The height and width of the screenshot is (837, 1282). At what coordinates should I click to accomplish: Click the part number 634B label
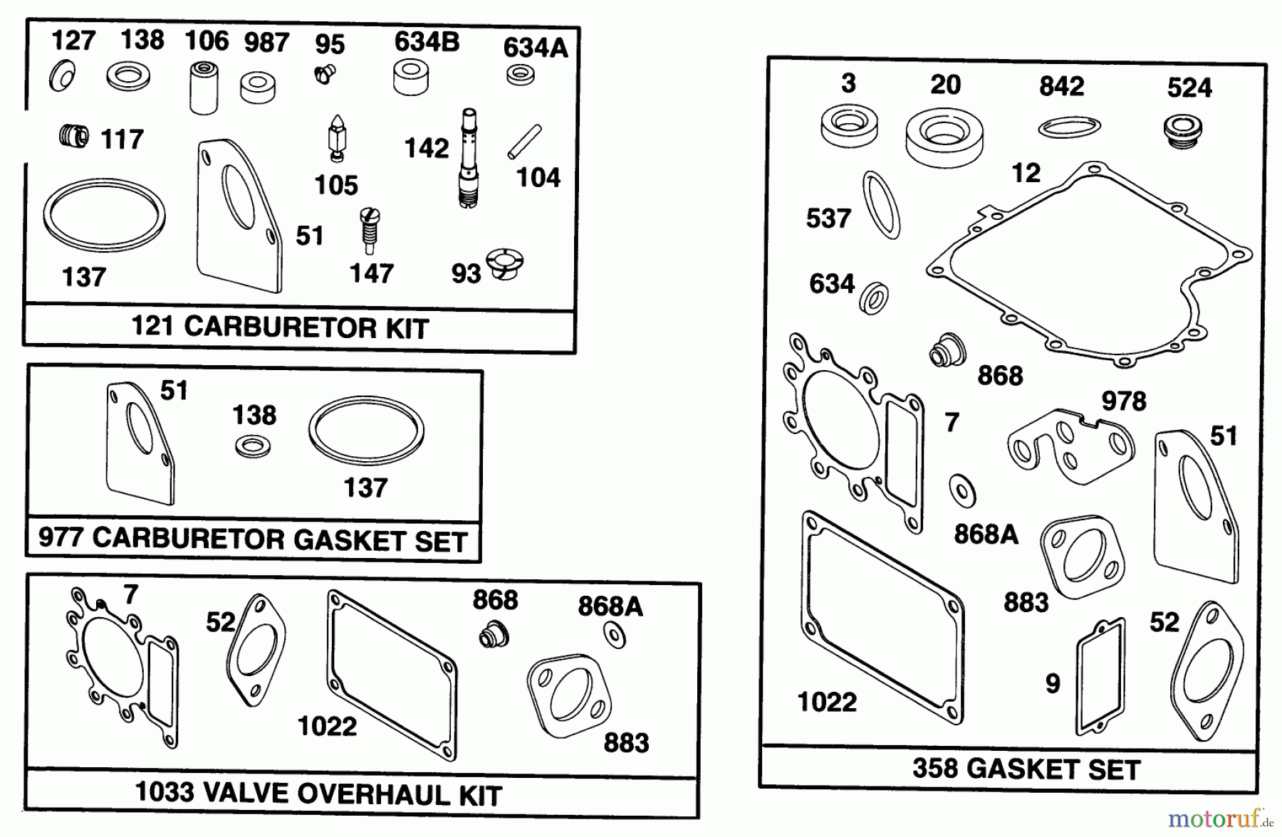(x=427, y=42)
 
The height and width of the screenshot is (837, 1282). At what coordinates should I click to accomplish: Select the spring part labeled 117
(x=74, y=135)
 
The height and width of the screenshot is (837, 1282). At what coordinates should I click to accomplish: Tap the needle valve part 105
(x=335, y=137)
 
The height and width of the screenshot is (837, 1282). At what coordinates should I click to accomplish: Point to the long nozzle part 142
(x=468, y=158)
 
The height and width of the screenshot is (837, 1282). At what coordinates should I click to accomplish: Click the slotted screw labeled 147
(x=370, y=229)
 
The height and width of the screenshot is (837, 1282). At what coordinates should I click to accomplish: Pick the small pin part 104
(x=524, y=142)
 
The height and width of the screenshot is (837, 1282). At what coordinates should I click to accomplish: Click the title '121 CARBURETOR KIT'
(x=280, y=328)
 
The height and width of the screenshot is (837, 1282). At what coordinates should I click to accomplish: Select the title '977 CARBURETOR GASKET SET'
(x=252, y=539)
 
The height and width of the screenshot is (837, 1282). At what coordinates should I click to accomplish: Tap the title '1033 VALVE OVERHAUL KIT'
(x=318, y=794)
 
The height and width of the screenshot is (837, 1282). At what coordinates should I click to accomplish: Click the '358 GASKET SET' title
(x=1026, y=769)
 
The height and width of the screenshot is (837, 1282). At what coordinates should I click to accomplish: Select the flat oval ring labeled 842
(x=1069, y=128)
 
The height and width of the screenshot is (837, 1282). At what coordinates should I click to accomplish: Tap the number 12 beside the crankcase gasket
(x=1026, y=173)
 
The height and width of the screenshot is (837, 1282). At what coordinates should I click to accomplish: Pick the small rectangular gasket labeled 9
(x=1100, y=676)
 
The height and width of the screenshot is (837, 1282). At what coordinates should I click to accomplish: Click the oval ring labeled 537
(x=881, y=205)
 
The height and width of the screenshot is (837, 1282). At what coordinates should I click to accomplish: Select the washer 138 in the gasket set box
(x=252, y=447)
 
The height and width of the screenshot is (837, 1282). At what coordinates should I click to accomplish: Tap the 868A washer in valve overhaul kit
(x=614, y=635)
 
